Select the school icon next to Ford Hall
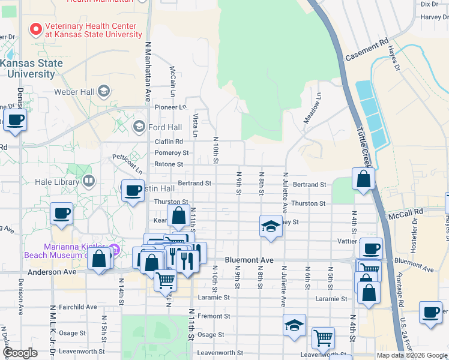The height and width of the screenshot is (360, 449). [139, 127]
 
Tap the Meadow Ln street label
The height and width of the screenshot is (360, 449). [312, 108]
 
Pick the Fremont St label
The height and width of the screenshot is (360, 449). [214, 316]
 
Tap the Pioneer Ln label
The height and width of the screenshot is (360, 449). [171, 107]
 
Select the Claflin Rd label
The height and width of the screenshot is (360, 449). [169, 142]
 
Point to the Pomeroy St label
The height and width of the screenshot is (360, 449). [172, 152]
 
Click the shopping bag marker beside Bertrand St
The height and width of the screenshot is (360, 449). [363, 179]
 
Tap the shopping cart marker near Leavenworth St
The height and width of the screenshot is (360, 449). [323, 338]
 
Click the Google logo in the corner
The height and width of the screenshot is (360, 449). [20, 353]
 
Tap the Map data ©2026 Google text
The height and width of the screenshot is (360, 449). [411, 355]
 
